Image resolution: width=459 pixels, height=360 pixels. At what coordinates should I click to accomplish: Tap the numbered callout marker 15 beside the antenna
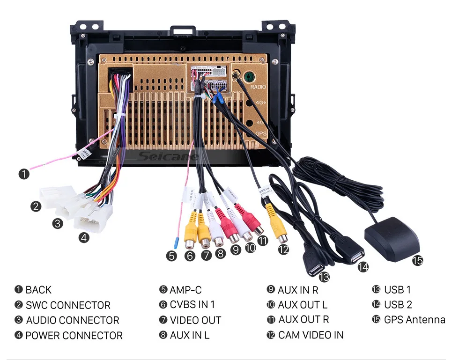click(x=417, y=260)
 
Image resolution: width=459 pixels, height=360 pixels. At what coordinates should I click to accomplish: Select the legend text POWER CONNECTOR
click(x=74, y=336)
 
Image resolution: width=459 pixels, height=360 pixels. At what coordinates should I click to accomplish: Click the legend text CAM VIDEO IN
click(x=311, y=335)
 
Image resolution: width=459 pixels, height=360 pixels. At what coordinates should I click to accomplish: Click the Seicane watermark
click(x=168, y=156)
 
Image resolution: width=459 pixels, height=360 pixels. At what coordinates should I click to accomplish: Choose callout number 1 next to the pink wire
click(x=23, y=174)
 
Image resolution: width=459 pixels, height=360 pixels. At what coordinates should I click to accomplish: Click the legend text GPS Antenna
click(x=415, y=320)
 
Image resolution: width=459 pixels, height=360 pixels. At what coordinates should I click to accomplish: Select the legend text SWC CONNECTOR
click(x=68, y=305)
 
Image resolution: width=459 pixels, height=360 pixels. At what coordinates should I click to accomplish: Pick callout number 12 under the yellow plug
click(x=283, y=250)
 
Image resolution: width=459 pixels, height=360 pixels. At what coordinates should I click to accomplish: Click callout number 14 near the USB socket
click(x=363, y=267)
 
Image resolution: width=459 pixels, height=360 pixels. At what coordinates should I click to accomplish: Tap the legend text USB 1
click(x=397, y=290)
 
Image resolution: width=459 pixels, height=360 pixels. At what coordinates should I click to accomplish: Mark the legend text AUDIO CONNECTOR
click(x=73, y=321)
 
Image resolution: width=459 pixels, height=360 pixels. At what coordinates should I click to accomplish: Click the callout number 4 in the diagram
click(x=83, y=237)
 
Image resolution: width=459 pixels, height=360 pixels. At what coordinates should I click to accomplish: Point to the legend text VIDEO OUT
click(x=195, y=321)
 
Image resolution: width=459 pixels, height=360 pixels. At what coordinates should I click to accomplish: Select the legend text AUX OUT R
click(x=304, y=320)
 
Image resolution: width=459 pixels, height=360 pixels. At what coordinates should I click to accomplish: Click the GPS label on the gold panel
click(x=261, y=133)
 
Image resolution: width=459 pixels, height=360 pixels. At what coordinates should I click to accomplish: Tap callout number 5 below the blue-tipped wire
click(x=172, y=256)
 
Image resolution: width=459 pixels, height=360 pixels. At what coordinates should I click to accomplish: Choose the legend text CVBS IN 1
click(x=192, y=305)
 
